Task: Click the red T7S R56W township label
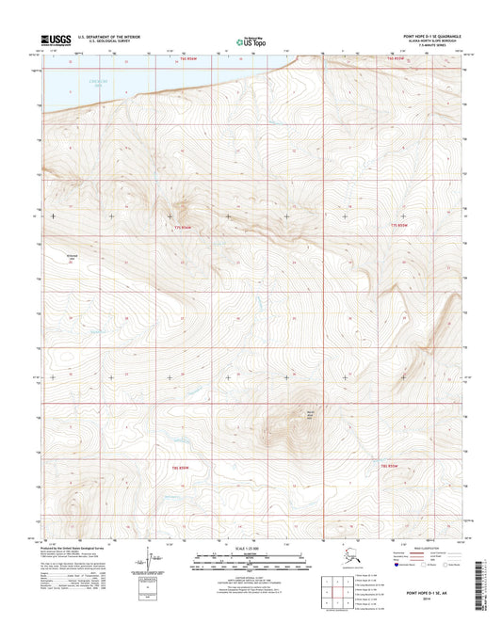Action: (x=183, y=228)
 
